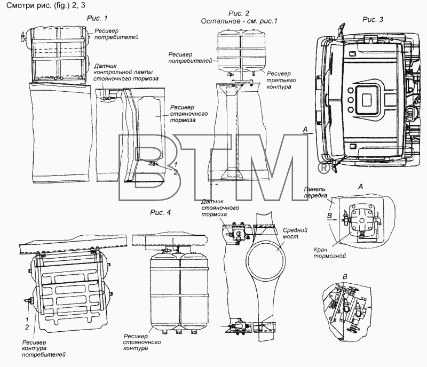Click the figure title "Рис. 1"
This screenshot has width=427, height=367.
coord(97,18)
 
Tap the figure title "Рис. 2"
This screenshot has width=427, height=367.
coord(239,13)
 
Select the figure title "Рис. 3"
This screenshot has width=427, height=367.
coord(373,20)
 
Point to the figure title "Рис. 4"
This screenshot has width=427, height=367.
coord(161,212)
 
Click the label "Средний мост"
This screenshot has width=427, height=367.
coord(295,233)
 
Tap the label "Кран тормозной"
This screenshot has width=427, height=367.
coord(329,253)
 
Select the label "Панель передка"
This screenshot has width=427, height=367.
coord(315,192)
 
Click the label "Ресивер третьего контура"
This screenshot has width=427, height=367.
coord(281,80)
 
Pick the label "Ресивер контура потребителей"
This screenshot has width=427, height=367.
coord(44,348)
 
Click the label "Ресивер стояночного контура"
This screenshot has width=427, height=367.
coord(141,342)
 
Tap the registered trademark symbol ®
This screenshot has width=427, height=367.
coord(323,168)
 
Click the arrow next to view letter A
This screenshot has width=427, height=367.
coord(308,133)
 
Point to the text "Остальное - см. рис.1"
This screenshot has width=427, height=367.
coord(239,21)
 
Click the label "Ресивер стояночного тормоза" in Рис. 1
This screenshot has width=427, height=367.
coord(188,114)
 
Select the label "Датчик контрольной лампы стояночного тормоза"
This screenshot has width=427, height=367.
coord(126,72)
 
